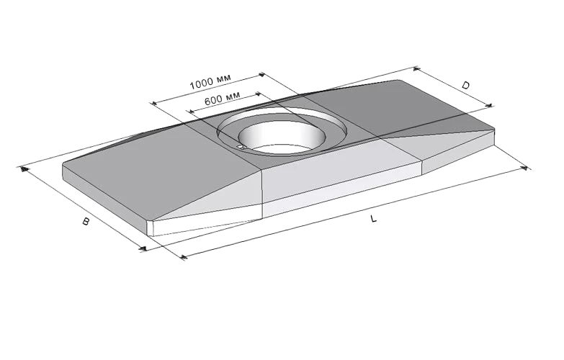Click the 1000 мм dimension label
click(x=210, y=82)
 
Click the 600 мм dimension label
click(x=222, y=98)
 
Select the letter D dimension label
click(x=466, y=85)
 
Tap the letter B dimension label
click(x=86, y=221)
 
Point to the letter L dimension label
click(x=374, y=218)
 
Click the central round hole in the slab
click(x=282, y=135)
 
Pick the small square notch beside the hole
click(x=241, y=147)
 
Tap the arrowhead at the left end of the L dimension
click(x=183, y=257)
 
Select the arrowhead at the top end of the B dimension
click(x=24, y=168)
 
